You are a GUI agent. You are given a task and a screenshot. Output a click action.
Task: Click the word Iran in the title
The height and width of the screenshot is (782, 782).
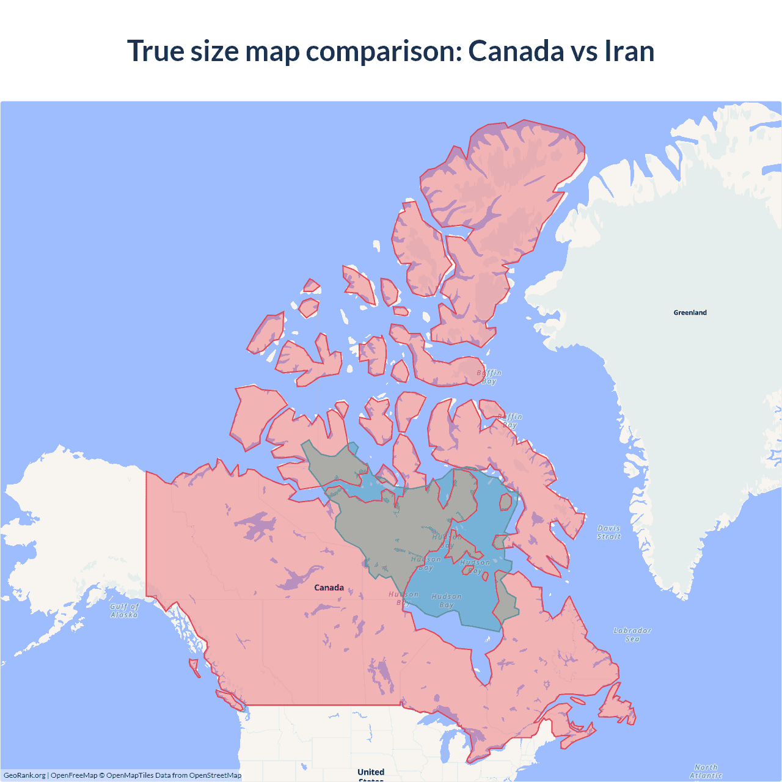(629, 51)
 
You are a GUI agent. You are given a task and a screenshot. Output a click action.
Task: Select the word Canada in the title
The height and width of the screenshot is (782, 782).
(515, 51)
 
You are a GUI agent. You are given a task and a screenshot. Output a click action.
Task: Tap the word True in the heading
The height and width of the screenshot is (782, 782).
(156, 51)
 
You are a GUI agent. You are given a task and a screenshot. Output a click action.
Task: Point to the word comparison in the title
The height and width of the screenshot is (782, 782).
(384, 52)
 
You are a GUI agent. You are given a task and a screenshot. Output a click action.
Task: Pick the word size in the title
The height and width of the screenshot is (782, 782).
(214, 51)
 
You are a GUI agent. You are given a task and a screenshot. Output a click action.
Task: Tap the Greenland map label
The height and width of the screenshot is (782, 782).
(690, 312)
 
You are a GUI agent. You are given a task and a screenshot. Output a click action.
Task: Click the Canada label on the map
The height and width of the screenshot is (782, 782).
(329, 587)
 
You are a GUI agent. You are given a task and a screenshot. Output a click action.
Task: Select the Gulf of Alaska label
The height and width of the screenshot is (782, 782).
(125, 610)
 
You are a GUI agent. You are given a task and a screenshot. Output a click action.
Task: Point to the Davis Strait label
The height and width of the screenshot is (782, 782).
(608, 532)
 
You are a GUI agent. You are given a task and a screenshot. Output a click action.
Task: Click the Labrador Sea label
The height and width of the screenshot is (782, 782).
(632, 634)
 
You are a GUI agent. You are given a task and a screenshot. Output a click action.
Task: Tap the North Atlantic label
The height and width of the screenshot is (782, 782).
(706, 771)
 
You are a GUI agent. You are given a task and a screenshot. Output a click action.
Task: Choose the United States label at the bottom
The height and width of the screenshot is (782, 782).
(371, 773)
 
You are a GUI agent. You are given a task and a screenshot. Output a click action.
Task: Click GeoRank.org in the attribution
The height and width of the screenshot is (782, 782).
(24, 775)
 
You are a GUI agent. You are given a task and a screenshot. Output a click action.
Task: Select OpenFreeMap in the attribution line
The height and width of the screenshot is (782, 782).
(74, 775)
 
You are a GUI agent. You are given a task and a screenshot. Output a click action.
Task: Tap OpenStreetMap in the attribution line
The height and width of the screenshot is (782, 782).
(215, 775)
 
